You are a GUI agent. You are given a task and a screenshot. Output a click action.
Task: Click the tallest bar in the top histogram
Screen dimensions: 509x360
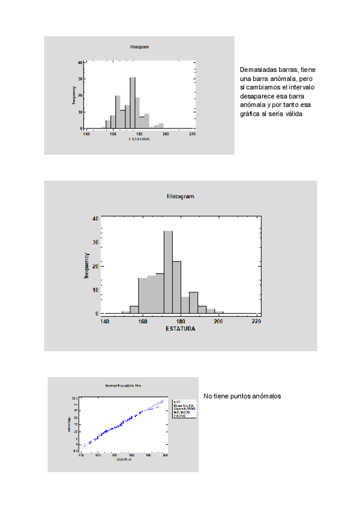(133, 102)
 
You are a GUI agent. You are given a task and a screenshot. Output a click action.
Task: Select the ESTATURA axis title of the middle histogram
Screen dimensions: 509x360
(180, 328)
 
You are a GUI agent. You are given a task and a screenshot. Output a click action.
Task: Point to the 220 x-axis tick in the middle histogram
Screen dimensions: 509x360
(256, 322)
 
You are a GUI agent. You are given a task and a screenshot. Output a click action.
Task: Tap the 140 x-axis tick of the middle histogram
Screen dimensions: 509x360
(104, 322)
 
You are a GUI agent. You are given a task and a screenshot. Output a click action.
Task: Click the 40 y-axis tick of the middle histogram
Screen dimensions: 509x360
(95, 218)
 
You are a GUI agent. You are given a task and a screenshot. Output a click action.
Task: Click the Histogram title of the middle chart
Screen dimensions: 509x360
(180, 197)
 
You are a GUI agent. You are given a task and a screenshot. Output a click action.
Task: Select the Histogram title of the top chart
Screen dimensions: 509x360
(139, 46)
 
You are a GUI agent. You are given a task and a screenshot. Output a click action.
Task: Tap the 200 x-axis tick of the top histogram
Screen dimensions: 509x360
(166, 134)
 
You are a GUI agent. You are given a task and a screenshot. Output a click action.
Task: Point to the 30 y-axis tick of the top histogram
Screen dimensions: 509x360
(81, 79)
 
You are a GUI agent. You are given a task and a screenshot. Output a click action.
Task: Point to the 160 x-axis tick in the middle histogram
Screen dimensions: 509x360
(142, 322)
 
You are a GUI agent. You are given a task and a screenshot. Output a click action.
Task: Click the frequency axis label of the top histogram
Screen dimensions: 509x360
(74, 95)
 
